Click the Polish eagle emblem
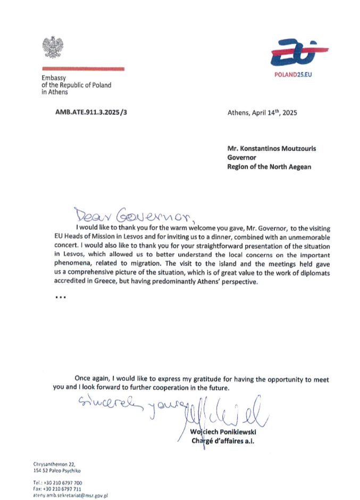pos(53,48)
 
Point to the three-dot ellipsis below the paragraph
pos(60,298)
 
